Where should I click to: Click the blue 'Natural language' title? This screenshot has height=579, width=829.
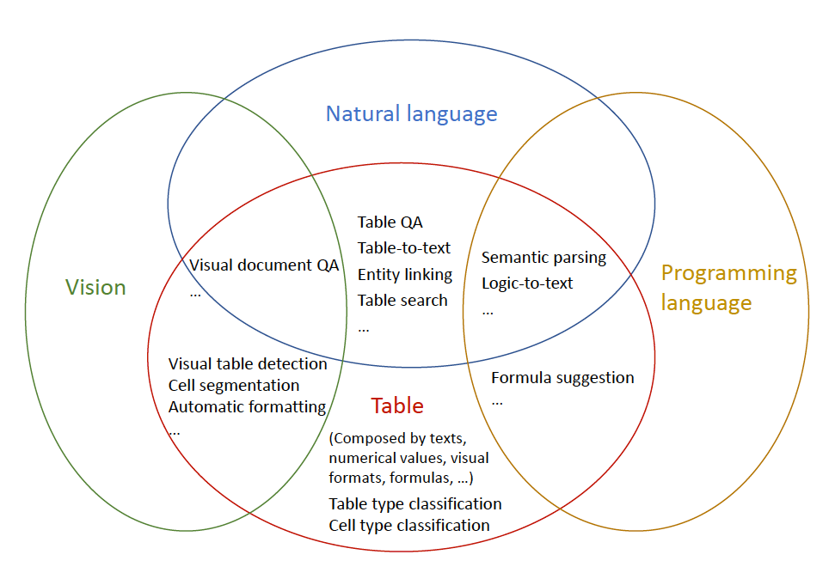pyautogui.click(x=411, y=113)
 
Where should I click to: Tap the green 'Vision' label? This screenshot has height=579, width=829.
pyautogui.click(x=95, y=288)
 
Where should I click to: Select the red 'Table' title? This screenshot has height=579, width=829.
pyautogui.click(x=397, y=405)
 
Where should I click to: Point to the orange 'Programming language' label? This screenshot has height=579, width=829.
pyautogui.click(x=728, y=288)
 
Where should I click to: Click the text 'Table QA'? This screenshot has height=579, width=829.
pyautogui.click(x=390, y=222)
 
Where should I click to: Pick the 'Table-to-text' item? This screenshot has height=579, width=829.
pyautogui.click(x=403, y=248)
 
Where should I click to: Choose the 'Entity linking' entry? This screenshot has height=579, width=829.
pyautogui.click(x=404, y=275)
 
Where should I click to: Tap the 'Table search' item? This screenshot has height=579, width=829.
pyautogui.click(x=402, y=301)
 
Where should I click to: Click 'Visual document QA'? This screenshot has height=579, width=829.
pyautogui.click(x=264, y=265)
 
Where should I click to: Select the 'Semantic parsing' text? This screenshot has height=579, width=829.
pyautogui.click(x=543, y=258)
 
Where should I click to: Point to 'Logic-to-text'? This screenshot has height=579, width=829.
pyautogui.click(x=526, y=283)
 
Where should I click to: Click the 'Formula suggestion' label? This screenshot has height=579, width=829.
pyautogui.click(x=562, y=378)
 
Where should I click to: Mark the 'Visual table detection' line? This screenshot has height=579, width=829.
pyautogui.click(x=248, y=364)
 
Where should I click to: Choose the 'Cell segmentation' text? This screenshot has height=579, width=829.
pyautogui.click(x=234, y=386)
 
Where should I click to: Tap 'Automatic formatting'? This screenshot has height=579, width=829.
pyautogui.click(x=247, y=407)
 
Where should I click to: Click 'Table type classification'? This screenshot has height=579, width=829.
pyautogui.click(x=415, y=504)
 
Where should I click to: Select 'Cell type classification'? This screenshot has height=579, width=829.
pyautogui.click(x=409, y=526)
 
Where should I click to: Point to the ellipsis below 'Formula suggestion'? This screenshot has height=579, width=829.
pyautogui.click(x=497, y=402)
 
